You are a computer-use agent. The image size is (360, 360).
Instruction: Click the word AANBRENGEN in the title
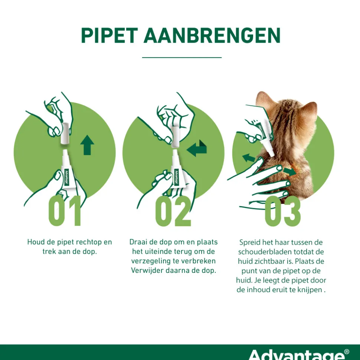212,36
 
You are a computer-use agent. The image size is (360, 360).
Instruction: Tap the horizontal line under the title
182,57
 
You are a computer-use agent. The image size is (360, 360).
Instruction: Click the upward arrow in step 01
87,145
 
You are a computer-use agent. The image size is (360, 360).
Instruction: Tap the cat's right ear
309,111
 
